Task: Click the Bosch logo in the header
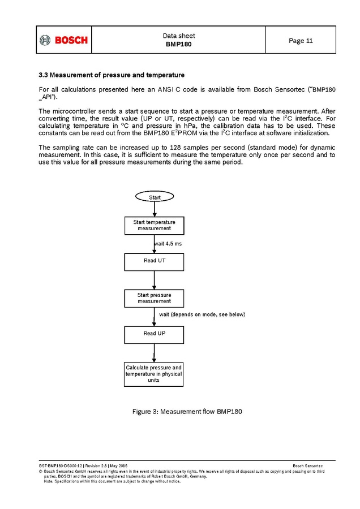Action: click(x=63, y=40)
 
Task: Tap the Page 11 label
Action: click(x=301, y=41)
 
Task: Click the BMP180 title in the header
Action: click(x=178, y=44)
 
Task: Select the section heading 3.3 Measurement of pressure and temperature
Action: click(x=111, y=75)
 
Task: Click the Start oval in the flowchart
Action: click(x=154, y=197)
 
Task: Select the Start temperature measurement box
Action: click(x=154, y=225)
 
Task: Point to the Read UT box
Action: click(x=154, y=261)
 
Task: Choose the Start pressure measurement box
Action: click(x=154, y=298)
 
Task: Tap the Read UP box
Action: click(x=154, y=334)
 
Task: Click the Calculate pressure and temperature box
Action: click(x=154, y=374)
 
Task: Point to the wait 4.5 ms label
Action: click(x=168, y=244)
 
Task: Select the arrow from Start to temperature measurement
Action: click(x=154, y=210)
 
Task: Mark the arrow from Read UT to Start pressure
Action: click(x=154, y=280)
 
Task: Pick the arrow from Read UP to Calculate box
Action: click(x=154, y=353)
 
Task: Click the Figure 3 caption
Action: click(x=187, y=411)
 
